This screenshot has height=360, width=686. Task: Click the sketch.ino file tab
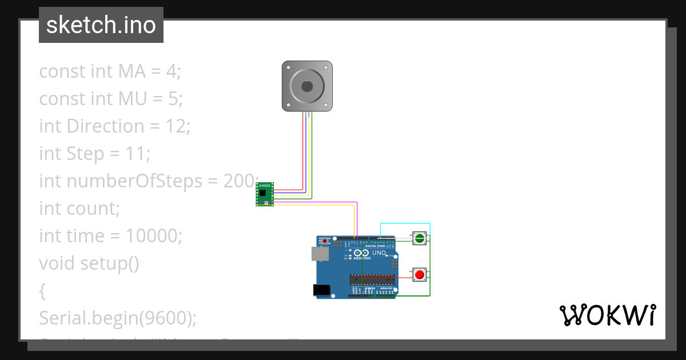click(101, 25)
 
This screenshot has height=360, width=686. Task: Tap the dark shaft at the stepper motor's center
click(307, 86)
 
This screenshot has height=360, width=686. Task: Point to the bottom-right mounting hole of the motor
click(326, 105)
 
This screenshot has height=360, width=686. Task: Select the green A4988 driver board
click(265, 194)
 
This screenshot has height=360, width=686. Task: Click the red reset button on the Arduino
click(325, 241)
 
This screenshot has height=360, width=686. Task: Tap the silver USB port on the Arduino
click(320, 254)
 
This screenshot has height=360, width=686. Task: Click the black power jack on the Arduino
click(322, 290)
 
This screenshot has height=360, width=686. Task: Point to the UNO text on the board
click(379, 253)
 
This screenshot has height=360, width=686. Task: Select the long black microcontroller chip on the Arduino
click(372, 279)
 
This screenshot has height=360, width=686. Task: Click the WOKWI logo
click(607, 315)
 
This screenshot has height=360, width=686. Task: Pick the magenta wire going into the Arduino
click(357, 220)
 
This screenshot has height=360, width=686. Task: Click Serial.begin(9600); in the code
click(118, 318)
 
